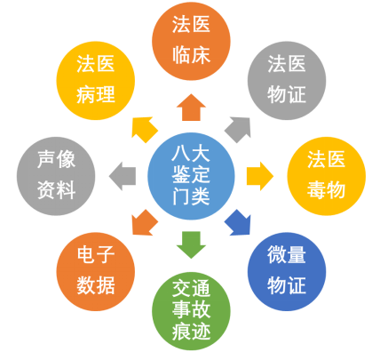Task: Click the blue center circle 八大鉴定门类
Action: [191, 176]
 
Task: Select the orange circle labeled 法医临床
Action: [191, 41]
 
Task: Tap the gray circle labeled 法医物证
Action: [287, 81]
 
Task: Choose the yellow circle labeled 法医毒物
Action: [326, 176]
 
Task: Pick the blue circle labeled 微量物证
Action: [287, 271]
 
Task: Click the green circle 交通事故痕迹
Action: [191, 311]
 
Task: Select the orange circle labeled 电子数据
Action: [96, 271]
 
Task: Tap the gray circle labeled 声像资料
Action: [56, 176]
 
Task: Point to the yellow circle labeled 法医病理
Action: [96, 81]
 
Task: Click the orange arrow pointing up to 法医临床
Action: [191, 108]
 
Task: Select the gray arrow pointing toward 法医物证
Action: [239, 129]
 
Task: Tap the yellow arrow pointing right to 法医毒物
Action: [260, 176]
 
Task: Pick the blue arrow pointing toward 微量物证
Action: [239, 223]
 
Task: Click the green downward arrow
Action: [191, 245]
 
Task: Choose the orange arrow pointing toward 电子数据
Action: [144, 223]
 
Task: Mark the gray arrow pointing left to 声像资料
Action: [123, 176]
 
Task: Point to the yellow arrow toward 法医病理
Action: [144, 129]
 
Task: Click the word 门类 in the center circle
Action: [191, 196]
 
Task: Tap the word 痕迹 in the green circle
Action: [191, 331]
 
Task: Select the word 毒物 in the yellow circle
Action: [326, 189]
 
